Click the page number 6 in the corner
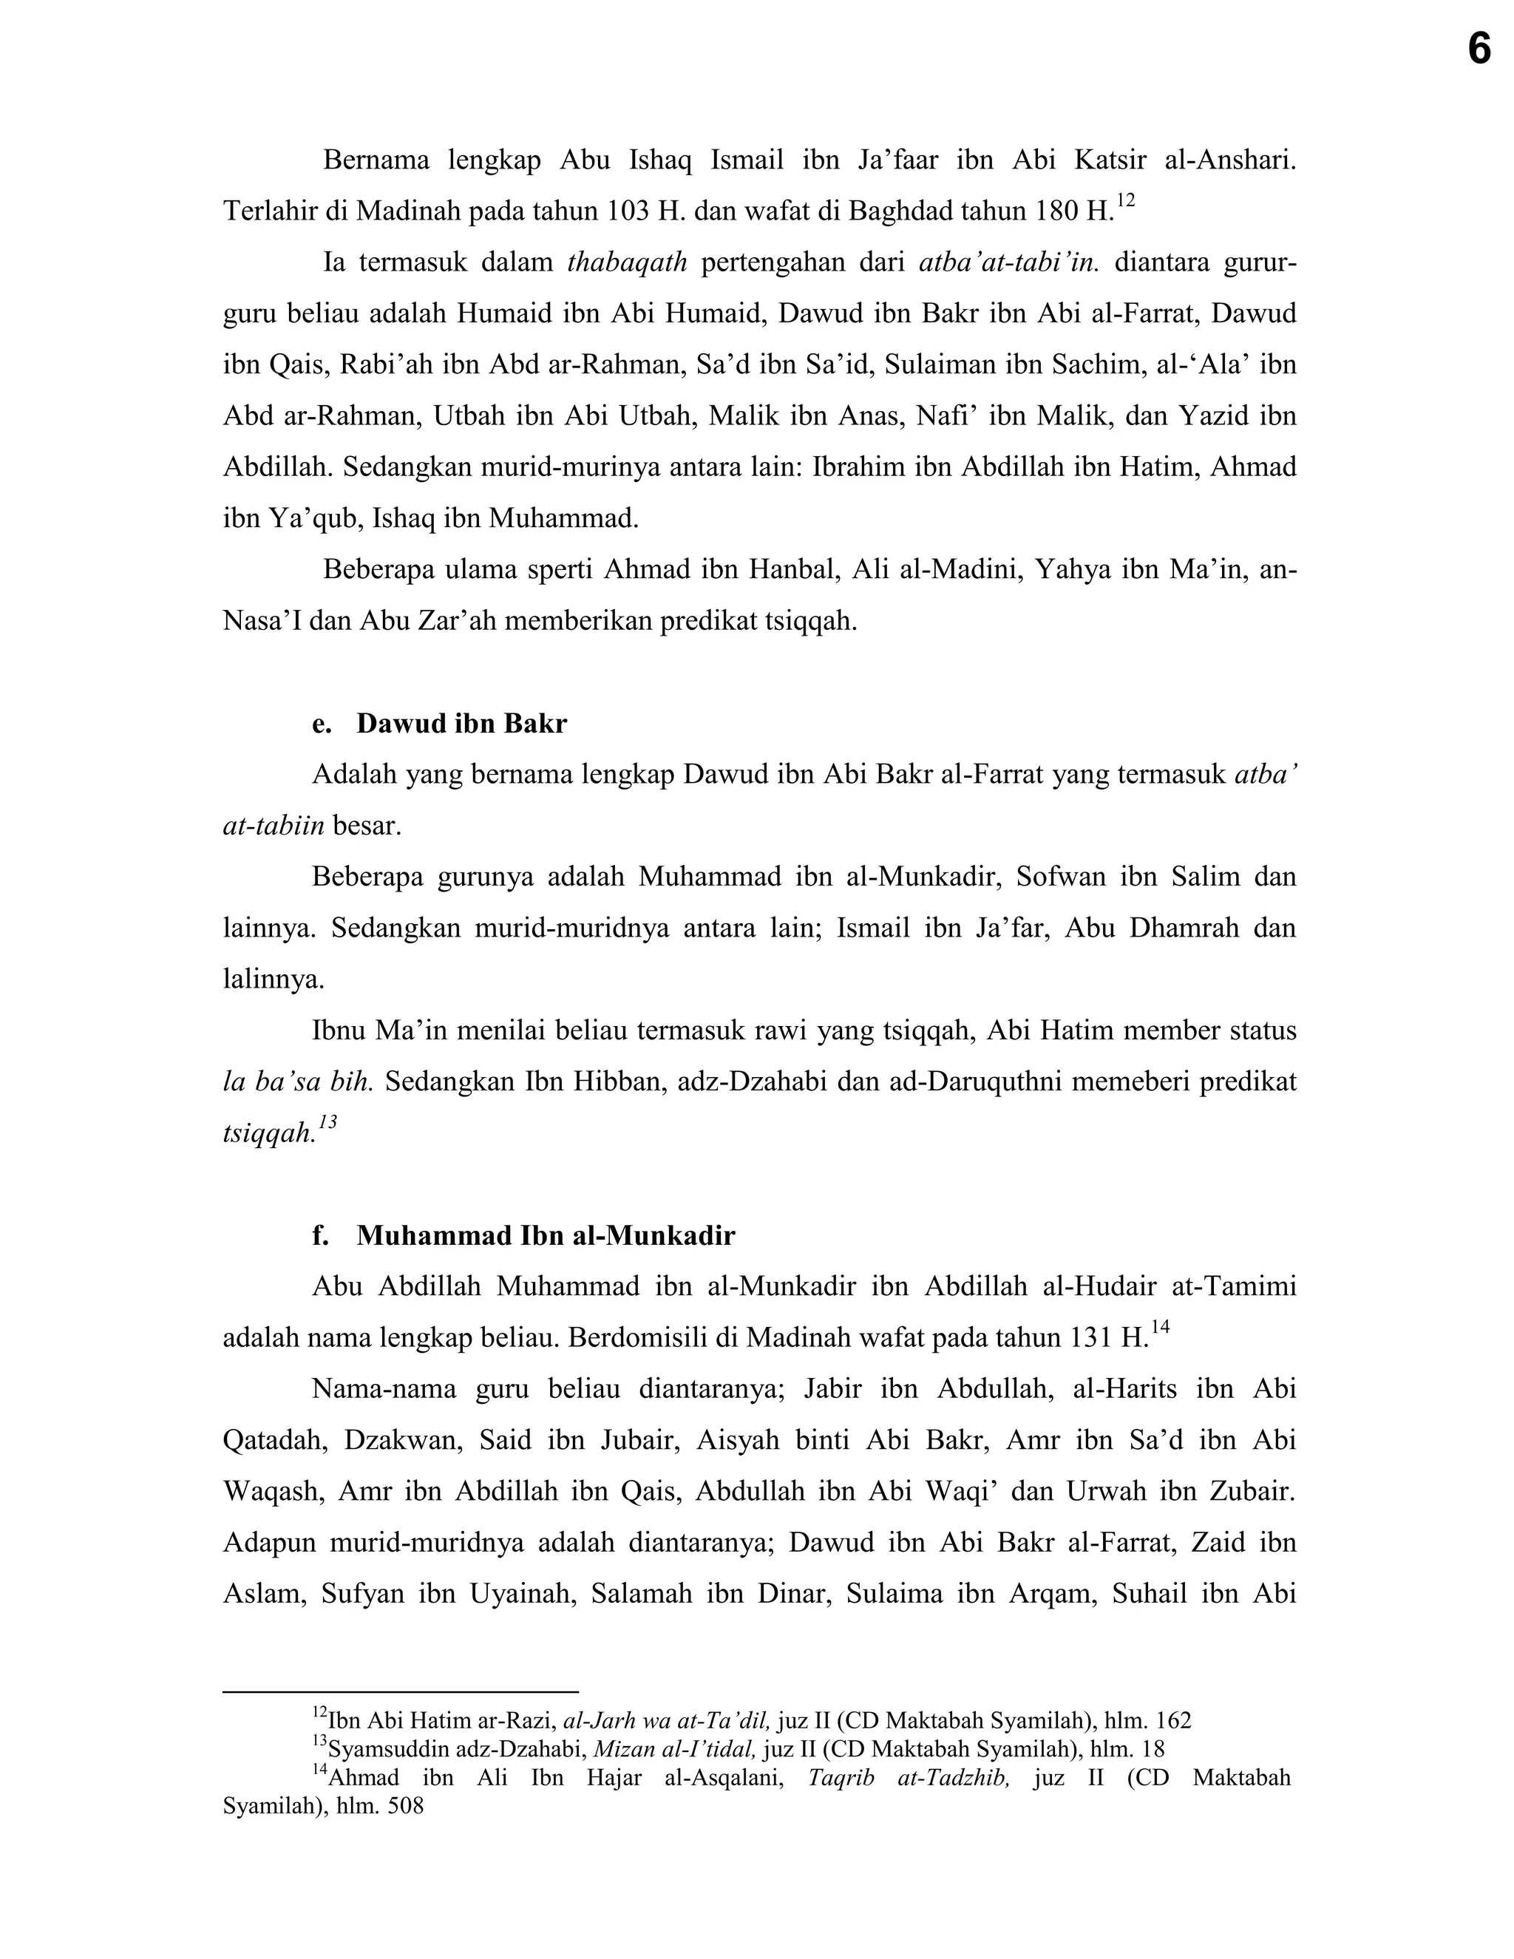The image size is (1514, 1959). click(1479, 49)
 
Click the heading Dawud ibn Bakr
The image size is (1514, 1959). click(461, 724)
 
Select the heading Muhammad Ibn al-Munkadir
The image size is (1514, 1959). click(546, 1236)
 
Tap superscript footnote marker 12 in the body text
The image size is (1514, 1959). click(1127, 201)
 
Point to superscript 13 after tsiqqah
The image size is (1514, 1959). click(327, 1122)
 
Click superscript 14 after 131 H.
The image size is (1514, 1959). click(1161, 1328)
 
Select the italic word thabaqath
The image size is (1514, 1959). click(628, 263)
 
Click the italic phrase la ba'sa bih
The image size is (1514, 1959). click(298, 1082)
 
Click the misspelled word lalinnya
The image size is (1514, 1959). click(273, 979)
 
